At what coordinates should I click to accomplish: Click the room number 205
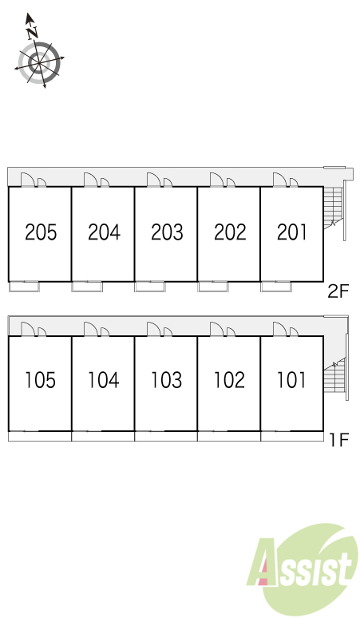[x=41, y=232]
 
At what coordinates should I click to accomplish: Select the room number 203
[x=167, y=232]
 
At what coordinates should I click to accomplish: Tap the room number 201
[x=292, y=232]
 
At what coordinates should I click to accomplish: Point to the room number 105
[x=40, y=380]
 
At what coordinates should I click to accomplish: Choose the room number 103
[x=167, y=380]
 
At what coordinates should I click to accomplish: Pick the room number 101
[x=291, y=380]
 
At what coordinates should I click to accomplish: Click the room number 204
[x=104, y=232]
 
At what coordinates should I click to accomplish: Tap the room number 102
[x=229, y=380]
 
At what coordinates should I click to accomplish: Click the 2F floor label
[x=338, y=291]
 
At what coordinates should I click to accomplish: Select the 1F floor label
[x=339, y=440]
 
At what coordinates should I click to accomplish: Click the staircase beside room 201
[x=334, y=208]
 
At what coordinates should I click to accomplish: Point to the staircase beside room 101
[x=334, y=374]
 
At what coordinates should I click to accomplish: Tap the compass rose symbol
[x=39, y=62]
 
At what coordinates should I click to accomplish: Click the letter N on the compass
[x=32, y=32]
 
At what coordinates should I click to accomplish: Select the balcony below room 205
[x=25, y=287]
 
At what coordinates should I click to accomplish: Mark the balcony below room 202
[x=213, y=287]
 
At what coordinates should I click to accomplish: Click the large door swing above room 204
[x=90, y=180]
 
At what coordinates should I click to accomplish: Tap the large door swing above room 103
[x=153, y=329]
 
